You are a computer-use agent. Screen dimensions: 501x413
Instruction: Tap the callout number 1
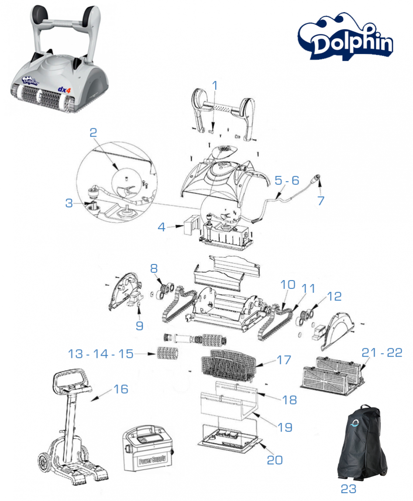point(214,86)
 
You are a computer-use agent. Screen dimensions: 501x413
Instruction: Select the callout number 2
point(93,133)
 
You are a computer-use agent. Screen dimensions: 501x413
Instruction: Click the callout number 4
point(162,227)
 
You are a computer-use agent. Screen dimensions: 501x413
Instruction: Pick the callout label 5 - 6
point(287,180)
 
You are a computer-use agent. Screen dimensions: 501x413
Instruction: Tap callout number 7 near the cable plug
point(321,201)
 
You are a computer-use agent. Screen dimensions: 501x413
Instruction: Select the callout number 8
point(154,268)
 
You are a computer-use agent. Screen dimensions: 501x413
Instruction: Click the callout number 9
point(139,326)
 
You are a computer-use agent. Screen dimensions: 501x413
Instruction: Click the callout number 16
point(121,388)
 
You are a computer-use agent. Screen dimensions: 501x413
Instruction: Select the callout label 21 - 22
point(382,353)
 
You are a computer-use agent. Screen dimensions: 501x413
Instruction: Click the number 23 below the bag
point(348,489)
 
